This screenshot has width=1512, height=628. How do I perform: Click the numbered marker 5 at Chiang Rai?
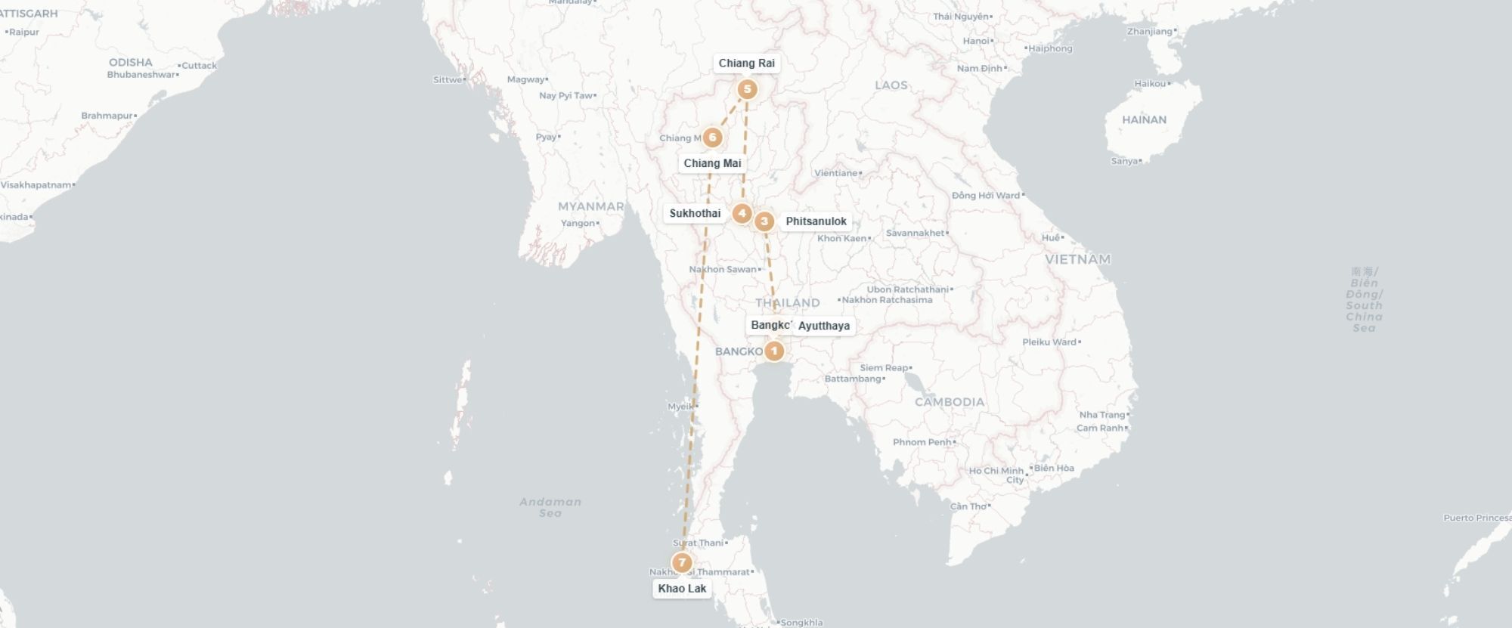coord(747,90)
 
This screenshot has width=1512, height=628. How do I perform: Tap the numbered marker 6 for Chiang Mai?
coord(712,138)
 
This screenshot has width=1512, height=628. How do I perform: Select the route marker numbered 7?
coord(682,563)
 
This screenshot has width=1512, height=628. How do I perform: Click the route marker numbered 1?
coord(773,351)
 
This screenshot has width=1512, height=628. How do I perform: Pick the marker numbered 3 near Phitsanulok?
coord(764,221)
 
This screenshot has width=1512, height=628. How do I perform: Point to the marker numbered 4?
coord(742,213)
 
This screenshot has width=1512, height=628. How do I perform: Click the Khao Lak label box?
coord(682,589)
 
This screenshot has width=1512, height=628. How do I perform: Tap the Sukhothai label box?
coord(695,213)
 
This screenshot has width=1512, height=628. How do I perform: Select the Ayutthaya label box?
coord(823,326)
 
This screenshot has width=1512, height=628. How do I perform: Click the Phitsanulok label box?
coord(816,221)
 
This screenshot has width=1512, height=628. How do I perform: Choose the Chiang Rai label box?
coord(746,63)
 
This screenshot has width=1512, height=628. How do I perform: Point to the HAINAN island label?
coord(1144,119)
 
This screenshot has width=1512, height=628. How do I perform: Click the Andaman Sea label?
coord(550,507)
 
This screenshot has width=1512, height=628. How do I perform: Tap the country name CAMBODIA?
coord(950,402)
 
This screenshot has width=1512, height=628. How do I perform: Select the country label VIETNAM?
coord(1077,259)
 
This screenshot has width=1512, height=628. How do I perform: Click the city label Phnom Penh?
coord(922,442)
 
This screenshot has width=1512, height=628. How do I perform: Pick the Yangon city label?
coord(578,223)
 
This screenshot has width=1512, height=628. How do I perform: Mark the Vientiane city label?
coord(836,173)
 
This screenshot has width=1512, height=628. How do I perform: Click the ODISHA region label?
coord(130,62)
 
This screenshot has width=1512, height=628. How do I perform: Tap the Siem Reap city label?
coord(884,368)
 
